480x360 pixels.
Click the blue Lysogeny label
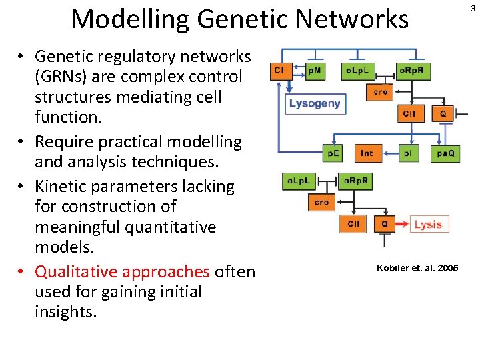(314, 103)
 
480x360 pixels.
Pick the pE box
(333, 154)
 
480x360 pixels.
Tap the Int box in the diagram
(367, 154)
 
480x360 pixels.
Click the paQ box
(445, 154)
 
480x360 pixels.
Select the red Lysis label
(429, 225)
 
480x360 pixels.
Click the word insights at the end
(65, 312)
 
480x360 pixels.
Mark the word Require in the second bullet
(61, 142)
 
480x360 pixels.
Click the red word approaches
(170, 272)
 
